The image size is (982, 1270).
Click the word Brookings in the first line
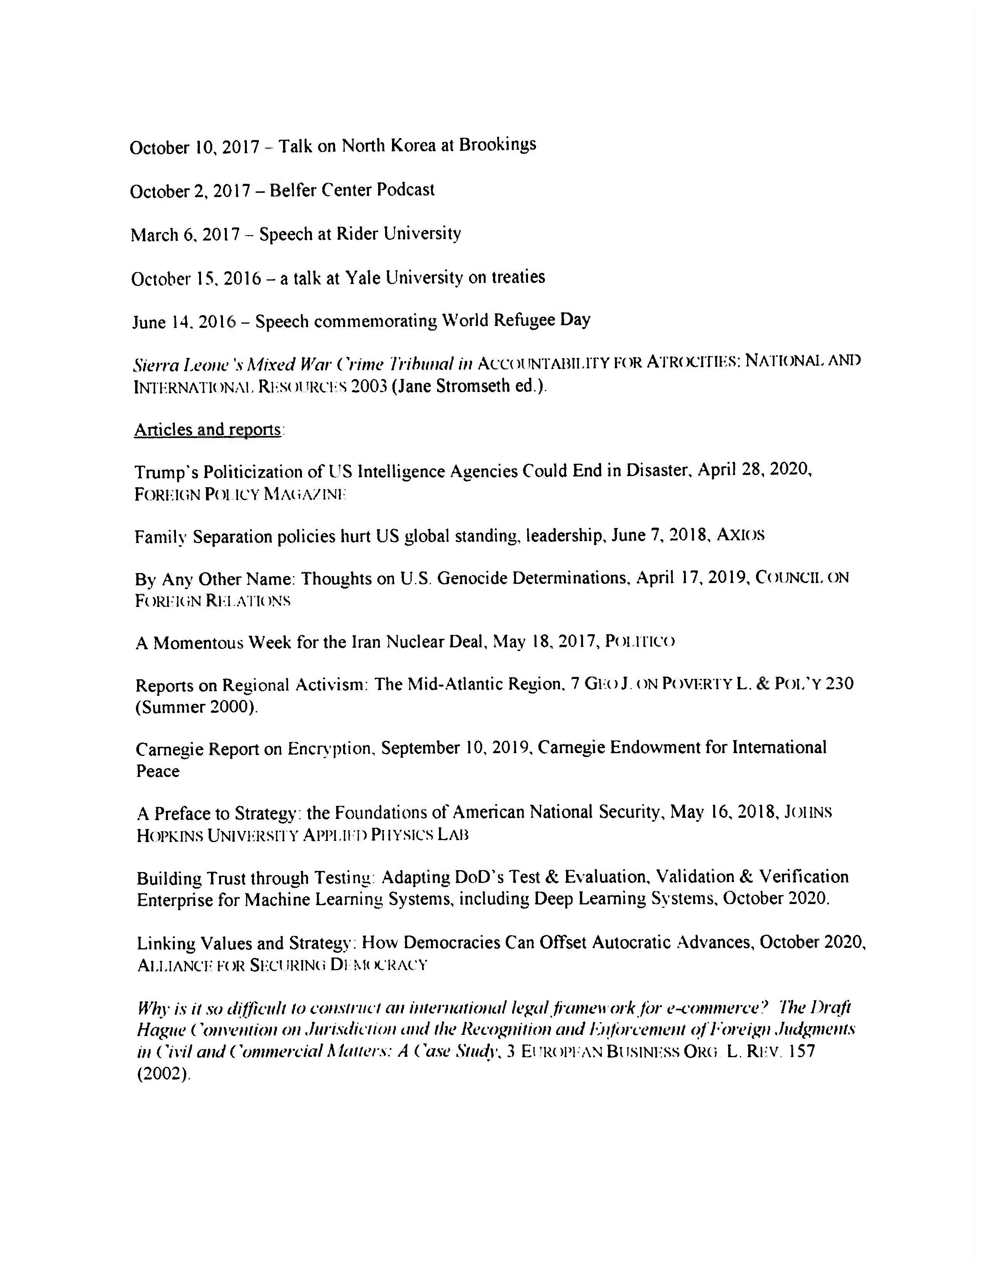pos(498,145)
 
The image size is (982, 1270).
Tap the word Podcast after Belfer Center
pos(406,190)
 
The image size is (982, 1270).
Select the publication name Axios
pos(740,535)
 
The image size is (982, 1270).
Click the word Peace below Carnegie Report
pos(158,771)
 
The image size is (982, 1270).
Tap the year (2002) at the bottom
pos(163,1073)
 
